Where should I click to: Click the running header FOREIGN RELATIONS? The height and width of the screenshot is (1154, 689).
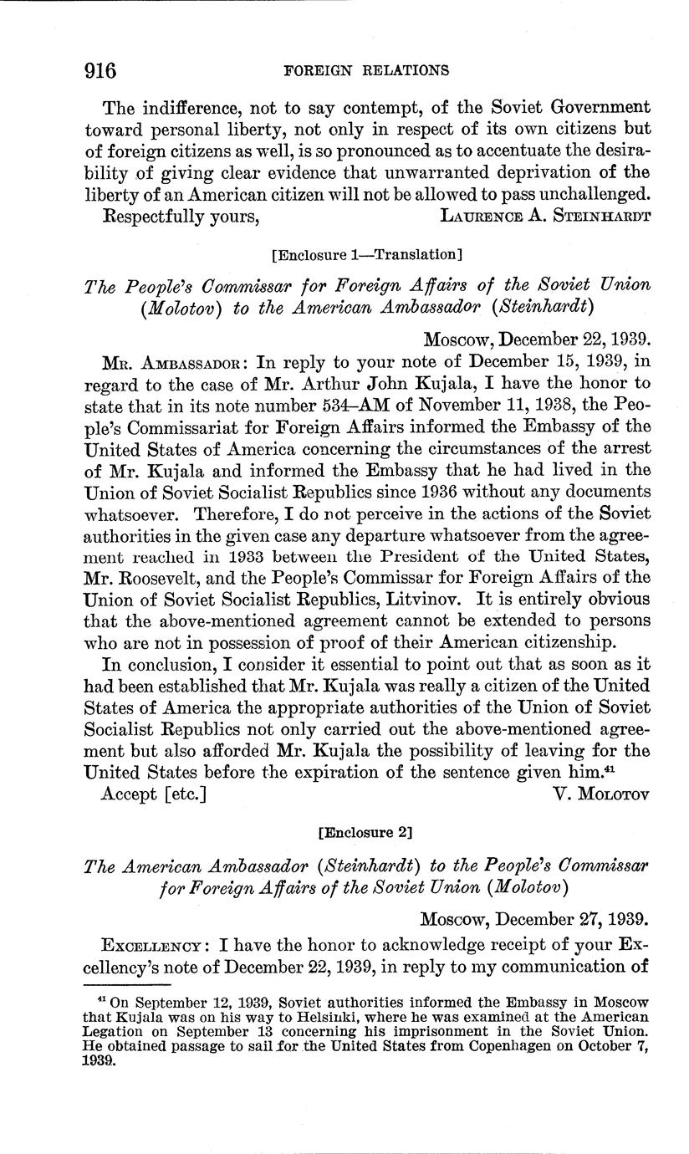tap(366, 71)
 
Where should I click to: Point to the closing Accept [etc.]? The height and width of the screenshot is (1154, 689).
tap(153, 794)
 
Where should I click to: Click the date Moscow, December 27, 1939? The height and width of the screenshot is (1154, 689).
tap(534, 919)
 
